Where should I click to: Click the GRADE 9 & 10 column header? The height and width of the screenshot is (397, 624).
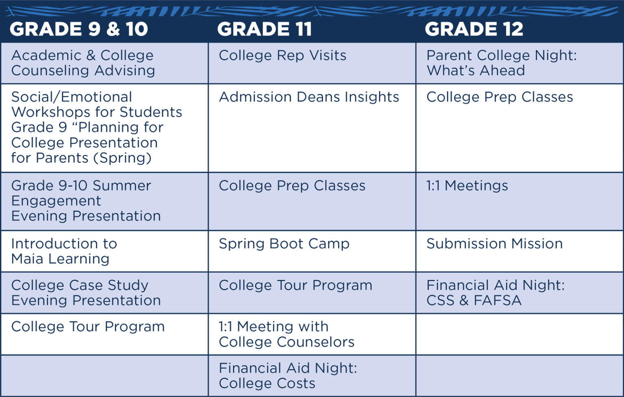coord(79,29)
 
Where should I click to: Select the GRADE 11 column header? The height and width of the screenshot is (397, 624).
coord(264,29)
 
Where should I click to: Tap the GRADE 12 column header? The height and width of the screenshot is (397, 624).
coord(474,29)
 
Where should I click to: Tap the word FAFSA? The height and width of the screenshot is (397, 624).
coord(498,301)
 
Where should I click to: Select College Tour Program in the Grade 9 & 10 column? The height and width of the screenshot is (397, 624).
coord(88,327)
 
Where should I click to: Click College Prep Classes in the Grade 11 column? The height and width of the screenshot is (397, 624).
coord(292,186)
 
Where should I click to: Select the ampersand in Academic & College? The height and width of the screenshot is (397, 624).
coord(91,55)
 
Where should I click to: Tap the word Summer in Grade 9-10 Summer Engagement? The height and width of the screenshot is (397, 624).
coord(122,186)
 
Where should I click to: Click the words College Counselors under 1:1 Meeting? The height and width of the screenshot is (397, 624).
coord(287,342)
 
